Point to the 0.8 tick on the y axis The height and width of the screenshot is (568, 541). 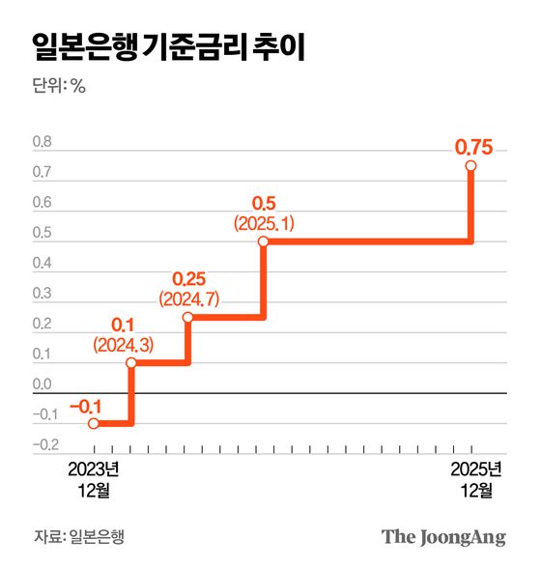43,143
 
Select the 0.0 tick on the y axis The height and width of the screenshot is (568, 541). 43,385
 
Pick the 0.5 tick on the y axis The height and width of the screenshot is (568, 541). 43,234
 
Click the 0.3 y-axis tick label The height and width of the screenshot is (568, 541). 43,295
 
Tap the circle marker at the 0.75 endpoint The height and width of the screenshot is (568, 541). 471,166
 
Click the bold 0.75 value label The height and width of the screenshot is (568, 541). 473,147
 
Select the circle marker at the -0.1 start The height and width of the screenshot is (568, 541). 94,423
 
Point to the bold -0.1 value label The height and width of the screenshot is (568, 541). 85,406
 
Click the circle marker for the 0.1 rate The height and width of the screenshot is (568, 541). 131,363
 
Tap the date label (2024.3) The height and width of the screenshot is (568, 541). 121,344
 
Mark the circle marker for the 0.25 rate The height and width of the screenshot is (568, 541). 188,317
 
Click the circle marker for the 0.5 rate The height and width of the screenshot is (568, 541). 263,242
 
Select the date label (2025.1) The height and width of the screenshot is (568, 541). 263,223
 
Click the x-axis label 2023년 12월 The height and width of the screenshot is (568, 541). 93,480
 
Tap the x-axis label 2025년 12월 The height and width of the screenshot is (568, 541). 472,480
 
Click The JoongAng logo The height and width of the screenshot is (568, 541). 443,536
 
